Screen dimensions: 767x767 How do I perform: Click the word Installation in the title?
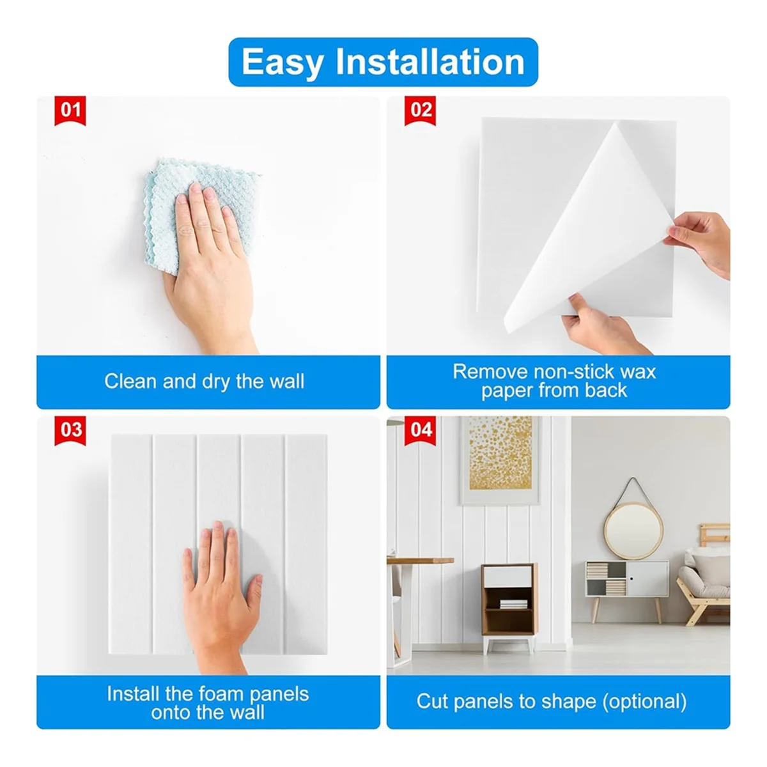pos(430,62)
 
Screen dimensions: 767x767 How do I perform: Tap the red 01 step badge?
pos(70,111)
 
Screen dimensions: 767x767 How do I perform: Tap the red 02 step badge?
pos(421,111)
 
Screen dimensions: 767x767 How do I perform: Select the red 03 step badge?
pos(70,430)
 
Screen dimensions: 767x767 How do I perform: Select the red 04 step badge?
pos(421,430)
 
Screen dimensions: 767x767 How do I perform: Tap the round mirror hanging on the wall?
pos(633,530)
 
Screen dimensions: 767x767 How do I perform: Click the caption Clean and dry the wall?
pos(205,382)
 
